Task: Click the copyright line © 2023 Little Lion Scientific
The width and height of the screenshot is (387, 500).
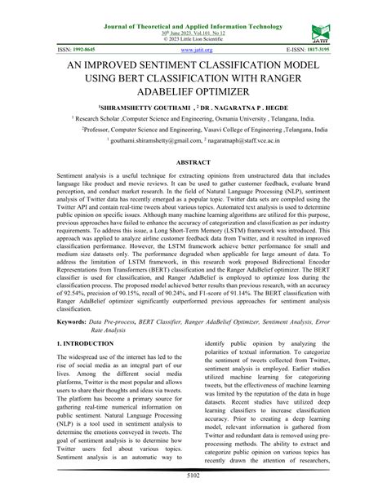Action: coord(193,23)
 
